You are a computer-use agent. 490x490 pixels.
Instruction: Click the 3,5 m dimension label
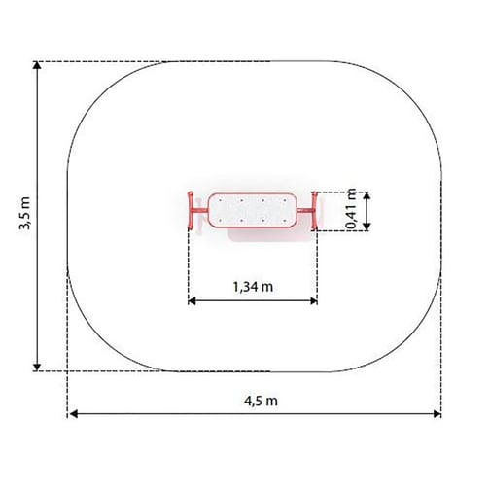(x=25, y=213)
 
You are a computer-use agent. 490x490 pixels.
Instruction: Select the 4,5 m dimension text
(x=261, y=401)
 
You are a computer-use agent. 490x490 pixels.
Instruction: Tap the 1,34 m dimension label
(x=253, y=287)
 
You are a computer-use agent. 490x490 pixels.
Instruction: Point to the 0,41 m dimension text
(x=351, y=209)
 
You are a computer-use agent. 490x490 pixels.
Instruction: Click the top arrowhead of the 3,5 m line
(x=37, y=65)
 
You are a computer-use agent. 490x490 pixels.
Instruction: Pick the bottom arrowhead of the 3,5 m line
(x=37, y=367)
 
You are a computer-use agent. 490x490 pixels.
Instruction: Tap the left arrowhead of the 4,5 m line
(x=74, y=414)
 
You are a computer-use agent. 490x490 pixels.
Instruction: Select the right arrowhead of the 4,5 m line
(x=437, y=414)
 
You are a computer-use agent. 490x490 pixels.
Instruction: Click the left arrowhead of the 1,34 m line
(x=192, y=301)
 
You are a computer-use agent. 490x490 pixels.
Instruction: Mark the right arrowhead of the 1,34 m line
(x=313, y=301)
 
